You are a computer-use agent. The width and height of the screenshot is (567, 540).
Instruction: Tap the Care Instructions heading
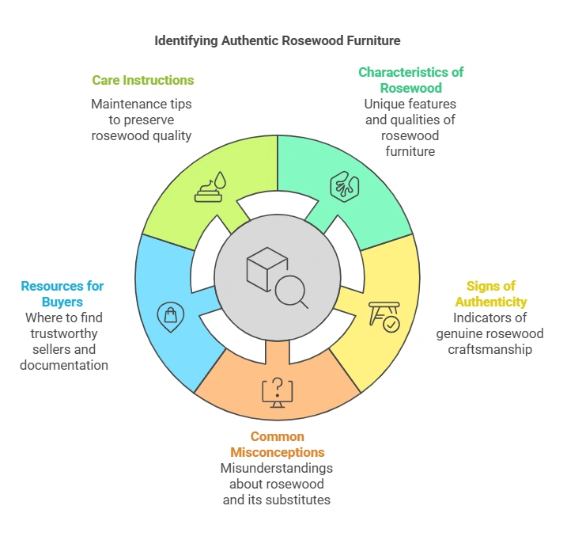(142, 80)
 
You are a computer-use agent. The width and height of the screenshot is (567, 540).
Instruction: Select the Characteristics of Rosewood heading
(410, 79)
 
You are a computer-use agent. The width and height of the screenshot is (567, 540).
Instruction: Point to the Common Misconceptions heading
(277, 444)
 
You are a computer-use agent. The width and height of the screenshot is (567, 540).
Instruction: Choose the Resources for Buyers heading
(62, 294)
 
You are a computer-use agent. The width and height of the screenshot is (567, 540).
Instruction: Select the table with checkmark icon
(386, 314)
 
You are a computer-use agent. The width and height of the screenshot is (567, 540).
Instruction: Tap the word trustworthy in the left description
(62, 333)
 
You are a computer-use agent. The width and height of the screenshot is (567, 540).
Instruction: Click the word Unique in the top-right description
(384, 104)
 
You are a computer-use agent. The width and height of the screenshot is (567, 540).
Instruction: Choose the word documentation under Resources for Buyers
(62, 365)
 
